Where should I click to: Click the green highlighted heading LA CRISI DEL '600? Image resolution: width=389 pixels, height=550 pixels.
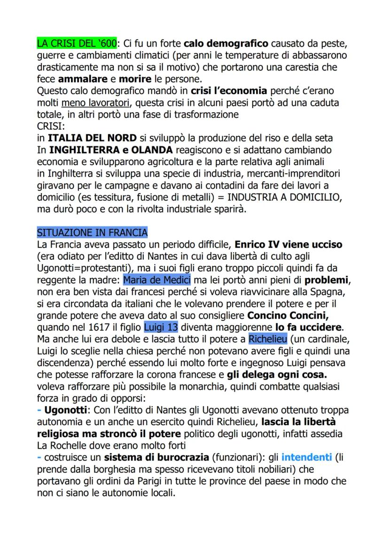[77, 44]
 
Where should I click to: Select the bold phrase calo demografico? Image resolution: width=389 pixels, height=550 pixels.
[226, 44]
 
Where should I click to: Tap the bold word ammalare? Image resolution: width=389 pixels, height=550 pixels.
[77, 79]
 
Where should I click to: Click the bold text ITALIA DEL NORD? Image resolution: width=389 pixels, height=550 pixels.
[93, 138]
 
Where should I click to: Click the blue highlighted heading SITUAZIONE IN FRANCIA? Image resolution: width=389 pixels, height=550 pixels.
[92, 232]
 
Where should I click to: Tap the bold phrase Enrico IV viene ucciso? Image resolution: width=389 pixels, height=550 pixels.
[288, 245]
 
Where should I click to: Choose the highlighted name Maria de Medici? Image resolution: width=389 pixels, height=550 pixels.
[157, 280]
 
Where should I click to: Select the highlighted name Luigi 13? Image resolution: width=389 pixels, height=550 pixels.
[161, 327]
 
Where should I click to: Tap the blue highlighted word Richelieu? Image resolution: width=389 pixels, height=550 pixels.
[268, 339]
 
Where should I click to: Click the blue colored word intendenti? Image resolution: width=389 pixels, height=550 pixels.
[306, 457]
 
